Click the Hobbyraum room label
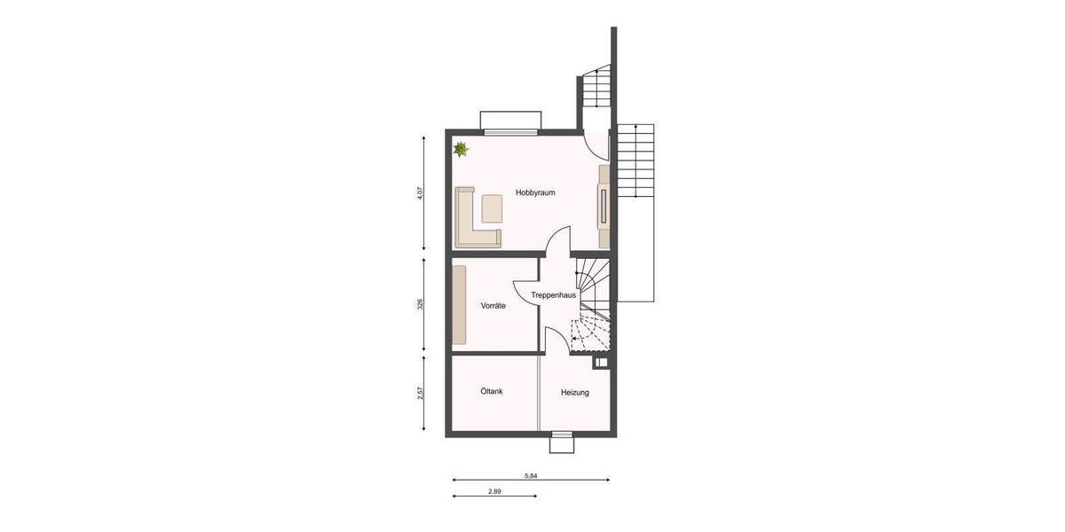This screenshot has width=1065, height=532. tap(535, 192)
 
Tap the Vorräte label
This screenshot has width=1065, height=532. tap(493, 306)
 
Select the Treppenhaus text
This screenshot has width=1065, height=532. tap(554, 294)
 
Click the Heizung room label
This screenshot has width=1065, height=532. tap(574, 392)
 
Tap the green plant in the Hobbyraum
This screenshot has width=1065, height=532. tap(461, 150)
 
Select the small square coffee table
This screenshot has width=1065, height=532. tap(491, 208)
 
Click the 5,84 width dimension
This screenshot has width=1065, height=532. tap(531, 476)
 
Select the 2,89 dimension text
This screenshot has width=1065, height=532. tap(495, 490)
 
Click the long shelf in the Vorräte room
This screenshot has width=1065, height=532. tap(459, 305)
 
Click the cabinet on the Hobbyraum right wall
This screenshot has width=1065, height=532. tap(604, 206)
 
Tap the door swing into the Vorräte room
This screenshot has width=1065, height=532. tap(524, 291)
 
